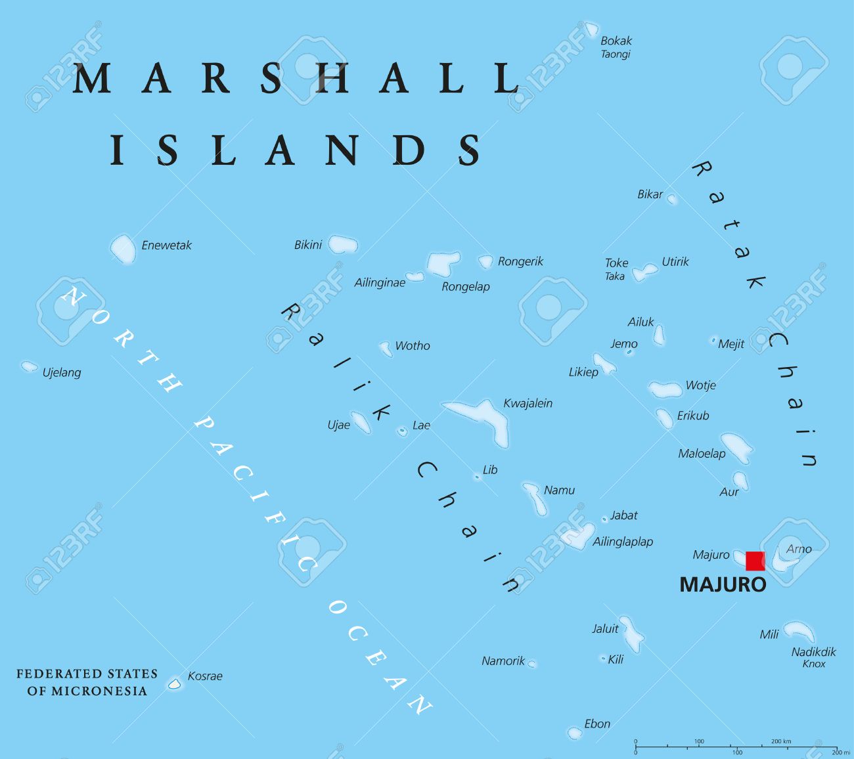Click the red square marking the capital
[755, 561]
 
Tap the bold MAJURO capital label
[723, 584]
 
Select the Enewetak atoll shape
[122, 249]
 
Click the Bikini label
[307, 245]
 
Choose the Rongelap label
[465, 286]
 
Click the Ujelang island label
[62, 372]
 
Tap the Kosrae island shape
[174, 683]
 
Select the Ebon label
[597, 724]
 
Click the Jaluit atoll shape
[633, 633]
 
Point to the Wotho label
[412, 345]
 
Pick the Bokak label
[616, 41]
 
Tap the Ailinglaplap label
[623, 542]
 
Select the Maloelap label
[702, 453]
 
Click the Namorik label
[503, 661]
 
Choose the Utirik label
[675, 261]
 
